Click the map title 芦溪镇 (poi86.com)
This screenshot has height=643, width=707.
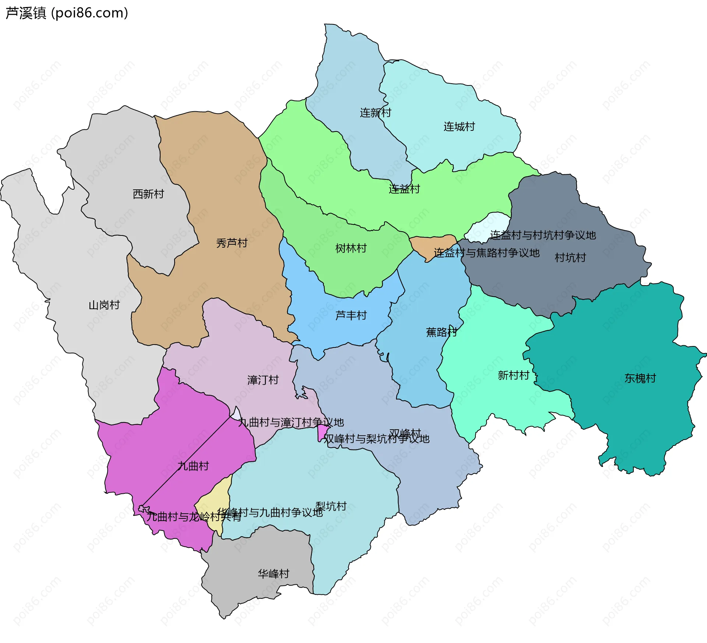pyautogui.click(x=67, y=13)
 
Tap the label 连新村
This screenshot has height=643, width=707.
pyautogui.click(x=375, y=112)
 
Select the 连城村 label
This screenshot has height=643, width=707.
pyautogui.click(x=459, y=126)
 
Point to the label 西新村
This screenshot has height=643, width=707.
pyautogui.click(x=148, y=194)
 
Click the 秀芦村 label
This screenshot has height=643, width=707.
pyautogui.click(x=232, y=243)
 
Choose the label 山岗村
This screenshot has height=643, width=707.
pyautogui.click(x=104, y=305)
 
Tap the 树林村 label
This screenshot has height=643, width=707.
pyautogui.click(x=351, y=248)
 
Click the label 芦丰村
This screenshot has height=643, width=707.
pyautogui.click(x=351, y=315)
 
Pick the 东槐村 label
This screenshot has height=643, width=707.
pyautogui.click(x=640, y=378)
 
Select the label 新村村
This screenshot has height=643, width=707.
pyautogui.click(x=513, y=375)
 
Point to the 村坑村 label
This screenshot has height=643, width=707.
pyautogui.click(x=570, y=257)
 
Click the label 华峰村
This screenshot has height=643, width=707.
pyautogui.click(x=273, y=573)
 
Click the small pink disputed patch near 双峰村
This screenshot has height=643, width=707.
pyautogui.click(x=322, y=431)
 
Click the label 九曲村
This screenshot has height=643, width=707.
pyautogui.click(x=193, y=466)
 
